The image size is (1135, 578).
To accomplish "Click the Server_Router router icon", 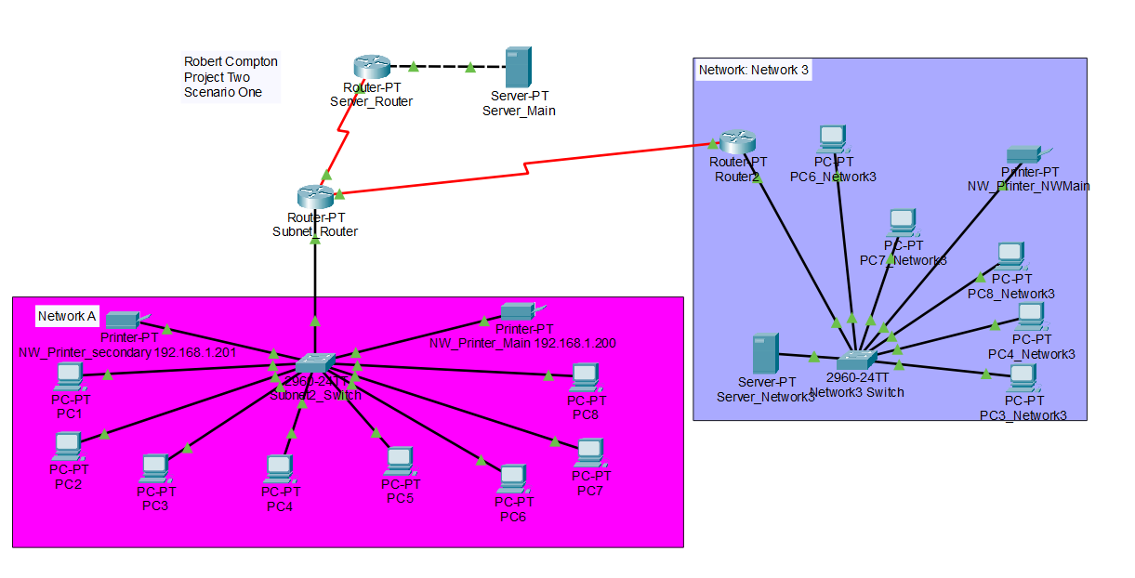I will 371,67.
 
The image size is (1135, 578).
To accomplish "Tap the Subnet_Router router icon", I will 315,196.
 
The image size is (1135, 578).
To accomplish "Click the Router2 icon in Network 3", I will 737,142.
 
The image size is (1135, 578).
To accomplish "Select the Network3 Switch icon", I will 856,359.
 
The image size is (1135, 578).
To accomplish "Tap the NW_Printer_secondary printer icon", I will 125,320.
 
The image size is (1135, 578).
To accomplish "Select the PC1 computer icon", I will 70,375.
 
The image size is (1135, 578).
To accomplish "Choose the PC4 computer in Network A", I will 279,467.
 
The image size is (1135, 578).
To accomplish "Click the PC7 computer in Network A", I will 588,453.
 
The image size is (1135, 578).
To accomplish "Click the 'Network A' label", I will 67,317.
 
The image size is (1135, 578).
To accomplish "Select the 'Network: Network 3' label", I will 753,70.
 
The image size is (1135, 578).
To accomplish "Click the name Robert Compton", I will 231,61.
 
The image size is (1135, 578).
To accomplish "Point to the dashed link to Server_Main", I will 442,67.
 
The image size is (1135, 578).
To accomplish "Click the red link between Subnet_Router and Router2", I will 525,168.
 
